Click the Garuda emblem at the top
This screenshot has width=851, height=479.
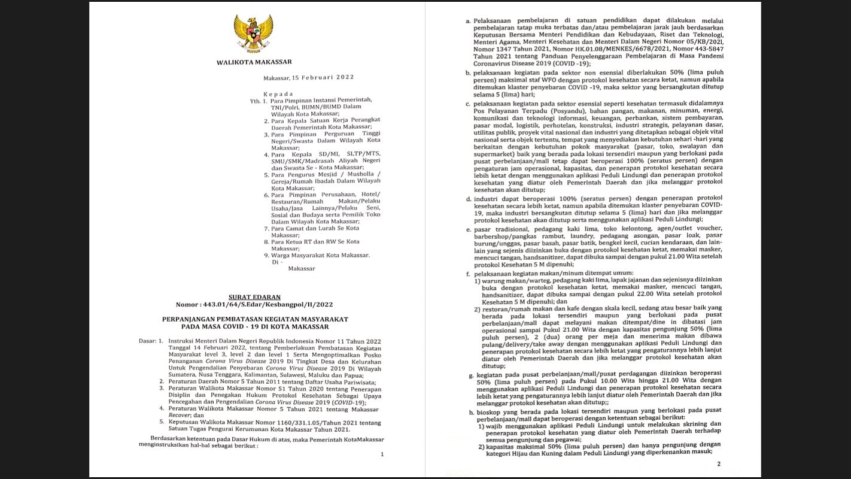(x=254, y=34)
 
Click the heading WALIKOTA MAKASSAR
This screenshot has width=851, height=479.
(x=254, y=62)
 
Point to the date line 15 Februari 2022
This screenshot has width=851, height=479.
(x=309, y=77)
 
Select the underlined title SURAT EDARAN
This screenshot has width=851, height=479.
(x=255, y=297)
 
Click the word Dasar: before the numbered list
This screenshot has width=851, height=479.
(x=147, y=341)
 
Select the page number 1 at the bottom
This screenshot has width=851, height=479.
(x=382, y=454)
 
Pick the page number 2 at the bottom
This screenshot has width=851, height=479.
(x=719, y=463)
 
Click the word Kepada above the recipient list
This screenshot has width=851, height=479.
(x=279, y=94)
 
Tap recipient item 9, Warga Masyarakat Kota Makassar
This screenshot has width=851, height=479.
(x=321, y=256)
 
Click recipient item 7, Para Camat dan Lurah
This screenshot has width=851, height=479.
(x=315, y=228)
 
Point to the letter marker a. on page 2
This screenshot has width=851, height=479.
(x=467, y=20)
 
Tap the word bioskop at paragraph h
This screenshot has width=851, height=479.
(x=486, y=410)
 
